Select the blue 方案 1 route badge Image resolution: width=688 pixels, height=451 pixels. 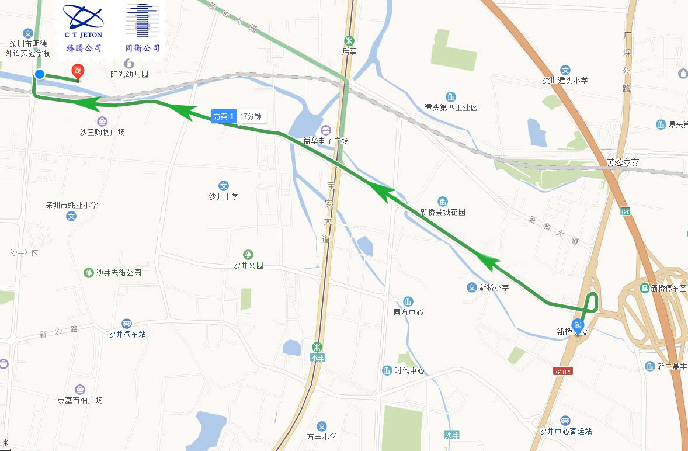coord(224,117)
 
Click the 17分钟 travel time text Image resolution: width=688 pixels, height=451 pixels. coord(250,117)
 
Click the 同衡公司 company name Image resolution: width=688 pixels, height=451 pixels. coord(143,48)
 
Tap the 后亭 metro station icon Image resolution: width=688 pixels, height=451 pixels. coord(349,41)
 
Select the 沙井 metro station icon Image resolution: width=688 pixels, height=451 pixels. coord(317,347)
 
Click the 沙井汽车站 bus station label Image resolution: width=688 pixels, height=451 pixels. coord(127,334)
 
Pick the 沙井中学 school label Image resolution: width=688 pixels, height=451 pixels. coord(224,196)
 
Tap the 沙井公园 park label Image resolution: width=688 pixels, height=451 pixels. coord(248,265)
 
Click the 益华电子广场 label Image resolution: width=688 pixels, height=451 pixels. coord(326,141)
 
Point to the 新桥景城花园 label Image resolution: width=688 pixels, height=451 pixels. coord(443,212)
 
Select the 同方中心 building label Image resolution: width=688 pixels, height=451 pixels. coord(408,312)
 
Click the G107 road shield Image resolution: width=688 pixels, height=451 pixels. coord(562,371)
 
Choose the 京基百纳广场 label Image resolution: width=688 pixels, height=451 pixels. coord(80,400)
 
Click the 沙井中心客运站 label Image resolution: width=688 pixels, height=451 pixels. coord(565,431)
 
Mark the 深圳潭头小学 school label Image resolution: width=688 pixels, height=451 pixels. coord(565,81)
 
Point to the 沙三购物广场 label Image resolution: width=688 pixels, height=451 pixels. coord(102,132)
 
